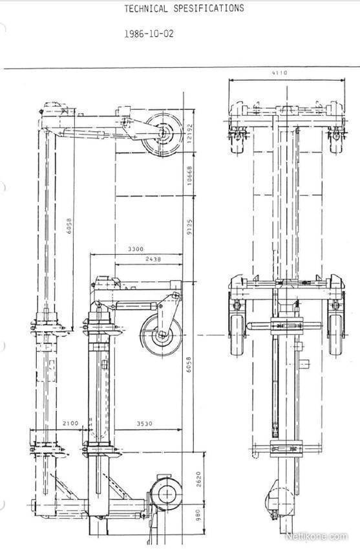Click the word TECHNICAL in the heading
[x=146, y=9]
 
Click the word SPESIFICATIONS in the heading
[x=208, y=8]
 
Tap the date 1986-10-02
[x=149, y=34]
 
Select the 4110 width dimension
[x=279, y=72]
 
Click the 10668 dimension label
[x=189, y=176]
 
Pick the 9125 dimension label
[x=189, y=228]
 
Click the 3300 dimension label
[x=136, y=249]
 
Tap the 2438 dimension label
[x=153, y=259]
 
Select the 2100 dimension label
[x=70, y=423]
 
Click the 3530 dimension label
[x=145, y=423]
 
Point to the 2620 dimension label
[x=198, y=479]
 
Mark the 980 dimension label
[x=198, y=515]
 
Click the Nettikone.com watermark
[x=316, y=536]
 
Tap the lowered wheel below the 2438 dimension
[x=161, y=334]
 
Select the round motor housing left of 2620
[x=167, y=494]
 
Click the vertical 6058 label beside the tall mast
[x=69, y=226]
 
